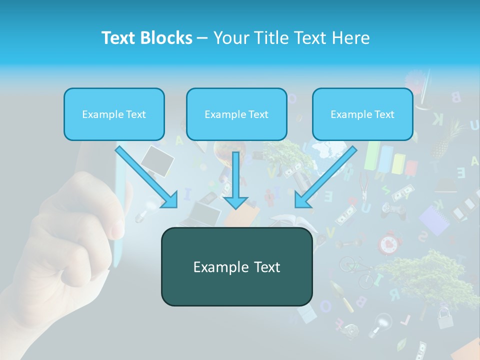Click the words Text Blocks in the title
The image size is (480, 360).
click(146, 38)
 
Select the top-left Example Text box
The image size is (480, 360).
click(114, 114)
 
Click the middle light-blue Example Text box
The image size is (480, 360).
click(236, 114)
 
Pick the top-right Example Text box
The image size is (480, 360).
click(362, 114)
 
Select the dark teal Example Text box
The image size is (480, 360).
click(236, 267)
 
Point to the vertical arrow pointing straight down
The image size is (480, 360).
click(235, 180)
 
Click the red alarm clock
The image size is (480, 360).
click(390, 243)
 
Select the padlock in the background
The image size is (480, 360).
click(445, 318)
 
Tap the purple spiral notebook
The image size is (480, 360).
click(434, 220)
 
